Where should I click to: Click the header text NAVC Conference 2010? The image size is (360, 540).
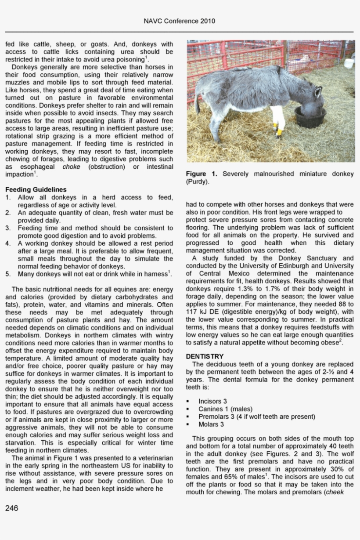[x=180, y=21]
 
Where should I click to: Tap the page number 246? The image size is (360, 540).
[x=12, y=508]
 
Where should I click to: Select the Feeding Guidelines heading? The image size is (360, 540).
[x=36, y=190]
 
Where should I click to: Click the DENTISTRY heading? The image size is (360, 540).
[x=205, y=356]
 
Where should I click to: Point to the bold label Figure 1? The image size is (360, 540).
[x=202, y=174]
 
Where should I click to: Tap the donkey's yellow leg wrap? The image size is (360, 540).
[x=277, y=130]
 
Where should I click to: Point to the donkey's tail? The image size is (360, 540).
[x=198, y=103]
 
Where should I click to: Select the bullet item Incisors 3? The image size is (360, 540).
[x=212, y=402]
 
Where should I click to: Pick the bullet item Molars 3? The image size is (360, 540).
[x=211, y=424]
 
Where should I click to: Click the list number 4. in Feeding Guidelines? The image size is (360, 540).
[x=8, y=243]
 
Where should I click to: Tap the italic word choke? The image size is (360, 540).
[x=71, y=167]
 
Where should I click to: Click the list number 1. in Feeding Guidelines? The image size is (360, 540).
[x=8, y=198]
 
